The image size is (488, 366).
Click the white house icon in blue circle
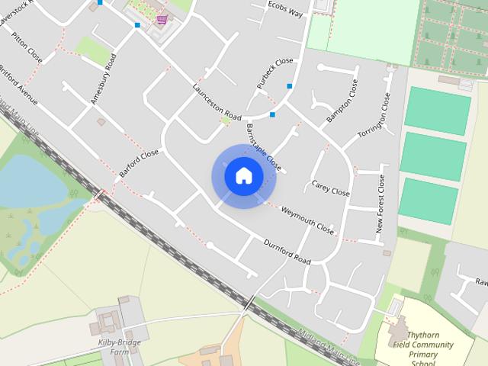[x=243, y=175]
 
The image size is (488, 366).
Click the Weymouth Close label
[x=307, y=220]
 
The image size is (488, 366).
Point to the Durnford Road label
[x=287, y=252]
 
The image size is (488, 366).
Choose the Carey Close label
[x=331, y=188]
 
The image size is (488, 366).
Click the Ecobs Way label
[x=284, y=8]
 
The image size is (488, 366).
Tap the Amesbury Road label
[x=103, y=78]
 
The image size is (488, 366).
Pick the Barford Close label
[x=139, y=164]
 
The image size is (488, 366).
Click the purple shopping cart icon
[x=161, y=20]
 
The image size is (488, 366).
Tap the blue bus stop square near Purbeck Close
[x=290, y=86]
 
